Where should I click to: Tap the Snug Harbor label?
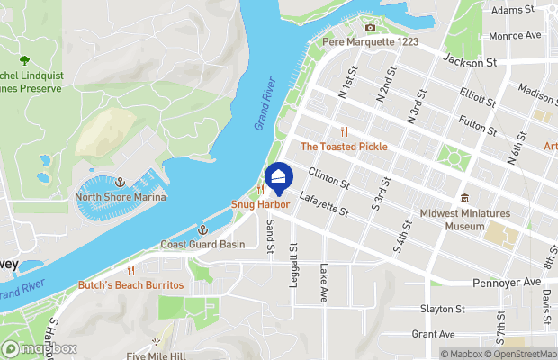260,205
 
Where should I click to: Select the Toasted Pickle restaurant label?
344,146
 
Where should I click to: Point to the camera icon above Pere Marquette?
369,28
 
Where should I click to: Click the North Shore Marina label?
120,197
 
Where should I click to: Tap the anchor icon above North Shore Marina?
120,183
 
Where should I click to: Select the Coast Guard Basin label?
202,244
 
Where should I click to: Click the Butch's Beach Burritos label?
131,284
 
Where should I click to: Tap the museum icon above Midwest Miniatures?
464,198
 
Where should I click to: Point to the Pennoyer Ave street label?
507,282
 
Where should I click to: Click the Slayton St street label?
441,309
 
